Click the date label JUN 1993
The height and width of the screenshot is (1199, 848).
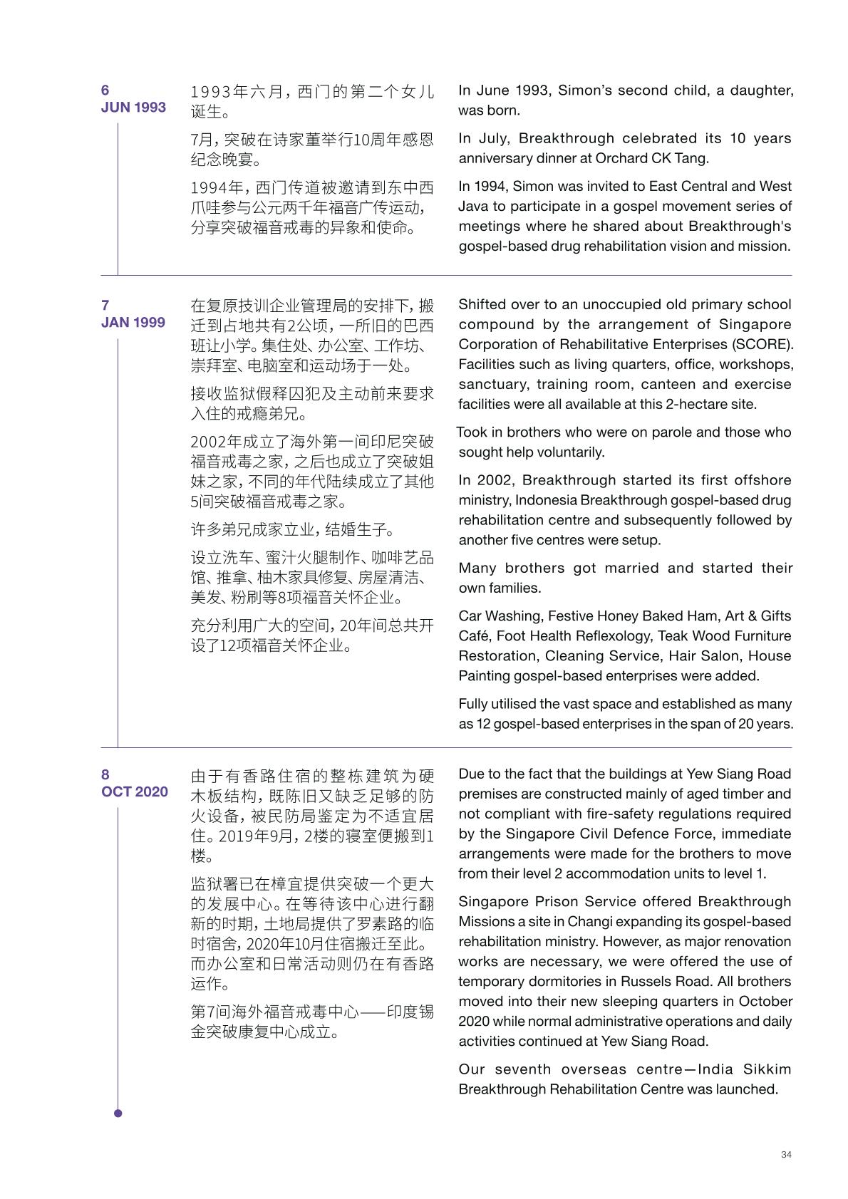tap(133, 108)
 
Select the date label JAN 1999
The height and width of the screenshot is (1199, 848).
tap(133, 323)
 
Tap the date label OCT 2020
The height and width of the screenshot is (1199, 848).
tap(135, 792)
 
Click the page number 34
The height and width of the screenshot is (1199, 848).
tap(786, 1154)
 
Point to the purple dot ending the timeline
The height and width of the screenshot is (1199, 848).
tap(118, 1114)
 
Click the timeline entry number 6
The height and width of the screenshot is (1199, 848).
tap(105, 90)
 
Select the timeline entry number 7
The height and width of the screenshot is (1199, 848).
tap(105, 306)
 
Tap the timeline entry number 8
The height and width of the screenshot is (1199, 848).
tap(105, 775)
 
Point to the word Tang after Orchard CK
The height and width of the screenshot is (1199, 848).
tap(691, 159)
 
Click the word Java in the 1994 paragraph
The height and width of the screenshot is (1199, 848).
tap(475, 207)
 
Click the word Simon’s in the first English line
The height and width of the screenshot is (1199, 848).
tap(584, 90)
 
